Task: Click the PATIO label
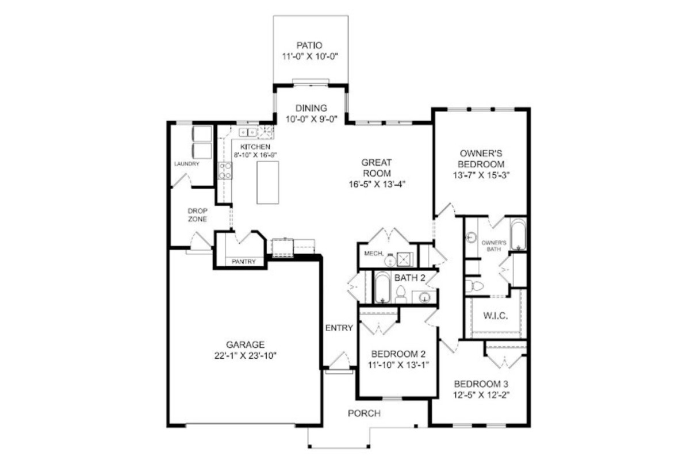(309, 45)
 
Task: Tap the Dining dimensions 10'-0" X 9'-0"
(312, 119)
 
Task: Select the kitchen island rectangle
(268, 182)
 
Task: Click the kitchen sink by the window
(248, 132)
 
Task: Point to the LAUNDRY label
(187, 164)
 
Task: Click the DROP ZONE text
(197, 215)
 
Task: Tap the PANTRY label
(244, 262)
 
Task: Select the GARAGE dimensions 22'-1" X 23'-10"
(246, 355)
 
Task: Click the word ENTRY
(339, 328)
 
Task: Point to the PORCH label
(364, 413)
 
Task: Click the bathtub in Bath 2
(382, 287)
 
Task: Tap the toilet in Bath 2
(401, 294)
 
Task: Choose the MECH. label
(374, 254)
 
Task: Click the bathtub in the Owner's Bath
(519, 234)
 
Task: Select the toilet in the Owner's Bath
(474, 286)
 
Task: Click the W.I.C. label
(495, 316)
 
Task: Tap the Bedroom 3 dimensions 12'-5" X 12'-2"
(481, 394)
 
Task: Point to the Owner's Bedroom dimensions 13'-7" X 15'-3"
(481, 175)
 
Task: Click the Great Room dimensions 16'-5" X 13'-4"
(377, 184)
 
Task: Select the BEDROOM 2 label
(398, 354)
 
